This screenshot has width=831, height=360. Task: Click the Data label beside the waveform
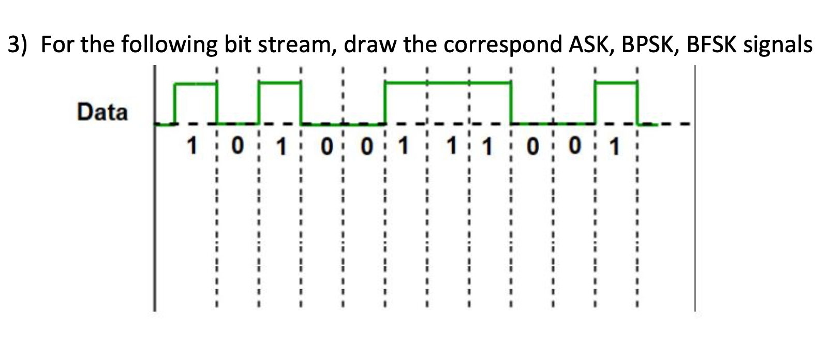point(102,112)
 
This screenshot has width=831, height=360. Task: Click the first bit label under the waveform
point(192,147)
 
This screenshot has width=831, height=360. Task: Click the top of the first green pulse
point(196,83)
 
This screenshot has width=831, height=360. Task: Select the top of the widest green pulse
point(448,82)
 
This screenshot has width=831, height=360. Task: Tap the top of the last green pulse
point(616,82)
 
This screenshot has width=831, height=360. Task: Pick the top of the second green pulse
point(279,82)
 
